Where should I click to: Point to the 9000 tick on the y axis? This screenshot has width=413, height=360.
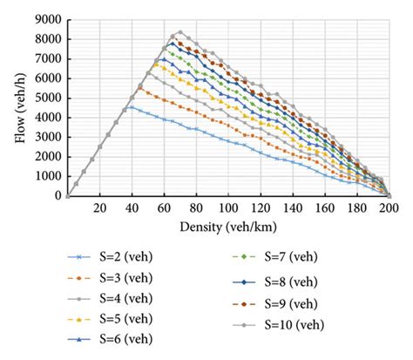point(48,19)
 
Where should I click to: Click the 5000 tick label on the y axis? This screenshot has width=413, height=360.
point(48,98)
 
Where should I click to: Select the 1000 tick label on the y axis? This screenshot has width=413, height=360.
point(48,176)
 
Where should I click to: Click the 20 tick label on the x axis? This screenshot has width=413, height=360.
point(98,209)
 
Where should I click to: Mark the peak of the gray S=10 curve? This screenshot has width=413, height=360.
point(179,31)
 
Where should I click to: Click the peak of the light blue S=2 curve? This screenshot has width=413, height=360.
point(130,107)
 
